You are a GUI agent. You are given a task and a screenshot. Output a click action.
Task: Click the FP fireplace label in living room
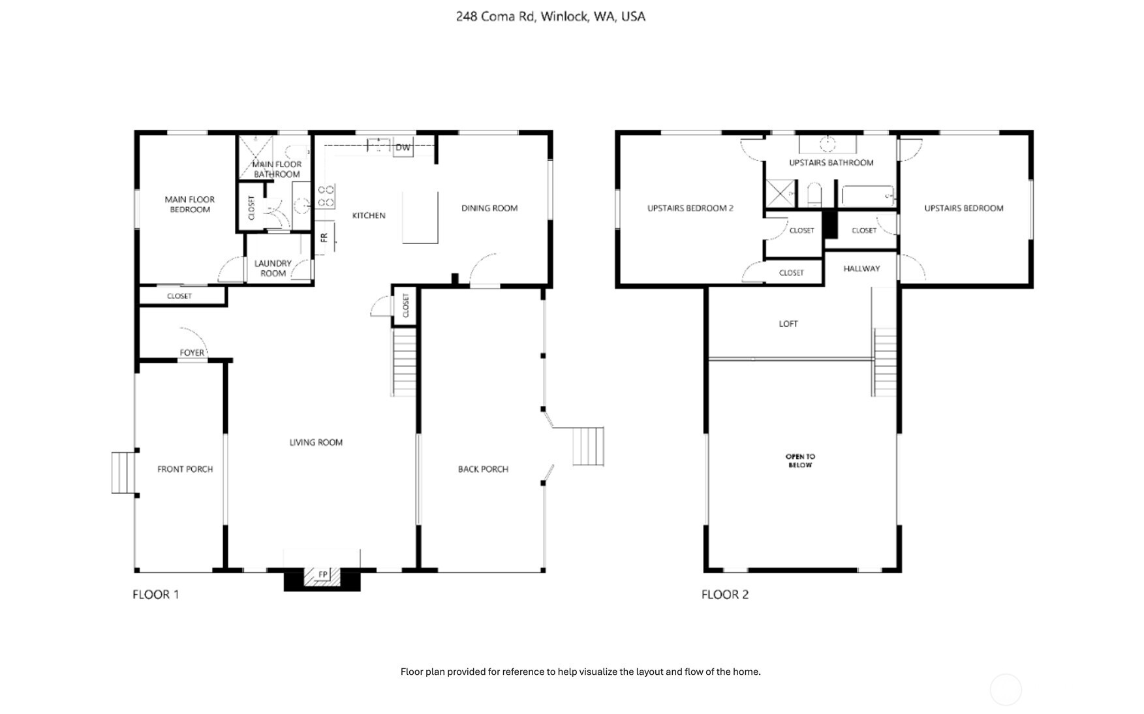tap(323, 574)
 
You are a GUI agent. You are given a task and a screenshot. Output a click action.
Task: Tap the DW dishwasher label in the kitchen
tap(403, 147)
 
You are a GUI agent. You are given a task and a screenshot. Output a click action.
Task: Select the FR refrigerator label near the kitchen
tap(324, 238)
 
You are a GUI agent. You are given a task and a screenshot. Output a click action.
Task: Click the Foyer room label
tap(192, 352)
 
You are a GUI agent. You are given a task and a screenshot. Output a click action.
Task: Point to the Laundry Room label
tap(273, 268)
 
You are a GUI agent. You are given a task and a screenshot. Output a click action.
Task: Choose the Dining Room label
tap(489, 208)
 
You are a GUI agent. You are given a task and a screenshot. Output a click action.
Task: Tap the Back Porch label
tap(483, 469)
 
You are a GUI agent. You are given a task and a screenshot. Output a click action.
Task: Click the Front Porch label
tap(185, 469)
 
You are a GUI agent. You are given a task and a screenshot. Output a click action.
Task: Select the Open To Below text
tap(800, 461)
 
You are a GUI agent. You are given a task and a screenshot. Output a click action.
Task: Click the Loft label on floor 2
tap(788, 324)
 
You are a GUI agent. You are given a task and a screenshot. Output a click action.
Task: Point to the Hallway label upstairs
tap(861, 268)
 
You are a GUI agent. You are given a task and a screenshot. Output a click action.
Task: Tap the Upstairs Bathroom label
tap(831, 163)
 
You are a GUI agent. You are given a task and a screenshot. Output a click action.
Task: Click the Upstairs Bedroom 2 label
tap(690, 208)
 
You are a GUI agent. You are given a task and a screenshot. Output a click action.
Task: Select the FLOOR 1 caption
tap(155, 595)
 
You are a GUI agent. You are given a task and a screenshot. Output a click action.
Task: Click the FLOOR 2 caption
tap(725, 595)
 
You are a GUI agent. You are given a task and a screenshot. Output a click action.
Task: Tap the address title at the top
tap(550, 16)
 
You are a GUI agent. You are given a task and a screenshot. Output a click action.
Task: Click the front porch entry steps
tap(123, 473)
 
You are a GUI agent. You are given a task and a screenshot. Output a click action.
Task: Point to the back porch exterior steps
tap(588, 446)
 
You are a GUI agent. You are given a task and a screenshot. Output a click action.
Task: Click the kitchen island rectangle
tap(420, 217)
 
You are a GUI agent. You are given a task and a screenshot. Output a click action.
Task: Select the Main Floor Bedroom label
tap(189, 204)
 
